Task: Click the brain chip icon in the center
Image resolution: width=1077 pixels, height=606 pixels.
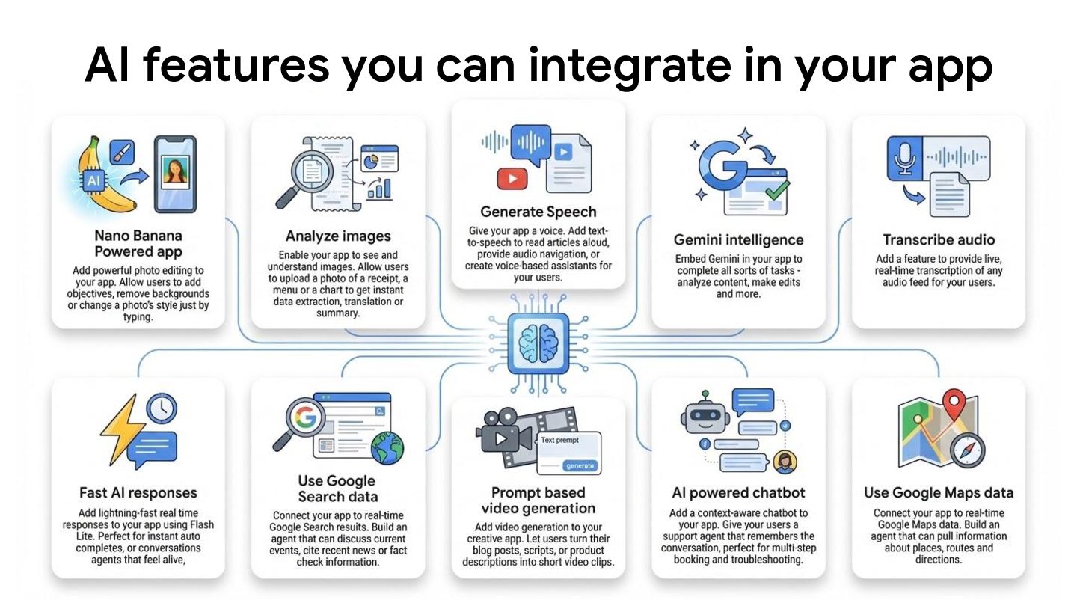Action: pos(538,343)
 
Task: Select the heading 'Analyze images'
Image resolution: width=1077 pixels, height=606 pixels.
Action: pos(338,236)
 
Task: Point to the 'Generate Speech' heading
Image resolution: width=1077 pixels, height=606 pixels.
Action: pos(538,211)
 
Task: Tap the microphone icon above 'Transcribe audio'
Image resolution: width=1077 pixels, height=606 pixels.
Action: pos(906,157)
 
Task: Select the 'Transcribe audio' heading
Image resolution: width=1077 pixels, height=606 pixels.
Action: pos(939,239)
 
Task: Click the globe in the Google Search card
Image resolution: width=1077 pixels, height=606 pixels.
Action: pos(387,448)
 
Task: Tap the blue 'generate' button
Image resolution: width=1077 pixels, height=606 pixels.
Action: pos(580,465)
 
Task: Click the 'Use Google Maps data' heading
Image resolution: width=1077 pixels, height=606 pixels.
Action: pos(939,492)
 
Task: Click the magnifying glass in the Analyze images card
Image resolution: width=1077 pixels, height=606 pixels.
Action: pos(304,177)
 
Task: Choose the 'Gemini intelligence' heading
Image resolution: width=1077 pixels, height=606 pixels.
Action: pos(738,239)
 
